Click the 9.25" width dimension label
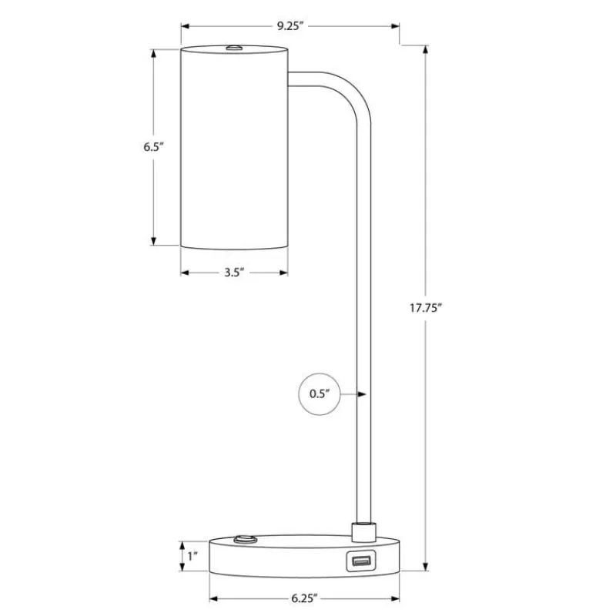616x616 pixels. (290, 26)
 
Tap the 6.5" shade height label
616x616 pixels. (153, 147)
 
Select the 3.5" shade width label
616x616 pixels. (234, 273)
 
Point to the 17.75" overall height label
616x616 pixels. (426, 308)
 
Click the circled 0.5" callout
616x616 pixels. (320, 393)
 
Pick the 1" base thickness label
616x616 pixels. (192, 556)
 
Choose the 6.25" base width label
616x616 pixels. (304, 598)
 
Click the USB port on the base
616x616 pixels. (360, 561)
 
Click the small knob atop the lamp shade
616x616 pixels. (234, 48)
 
